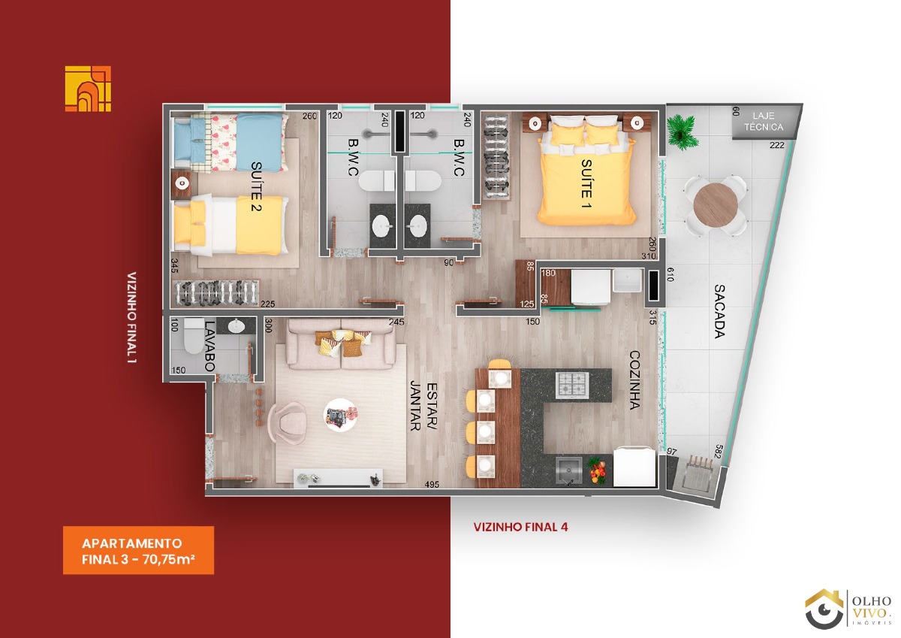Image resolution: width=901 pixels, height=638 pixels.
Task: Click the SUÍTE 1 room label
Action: [x=586, y=184]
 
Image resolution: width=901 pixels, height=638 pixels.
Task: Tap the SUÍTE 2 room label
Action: [x=256, y=186]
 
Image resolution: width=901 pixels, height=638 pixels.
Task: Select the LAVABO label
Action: [x=209, y=346]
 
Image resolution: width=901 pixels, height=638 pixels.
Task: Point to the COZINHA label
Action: [x=634, y=380]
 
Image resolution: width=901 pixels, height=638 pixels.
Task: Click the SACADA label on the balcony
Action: [x=719, y=311]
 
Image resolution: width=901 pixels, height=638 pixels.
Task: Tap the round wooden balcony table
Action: [x=716, y=205]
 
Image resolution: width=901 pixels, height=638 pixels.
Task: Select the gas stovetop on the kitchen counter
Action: [x=572, y=386]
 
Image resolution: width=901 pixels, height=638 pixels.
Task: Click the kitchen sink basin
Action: [x=568, y=470]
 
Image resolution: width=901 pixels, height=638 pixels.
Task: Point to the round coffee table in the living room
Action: [x=340, y=415]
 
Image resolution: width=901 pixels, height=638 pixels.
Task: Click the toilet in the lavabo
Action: [x=194, y=337]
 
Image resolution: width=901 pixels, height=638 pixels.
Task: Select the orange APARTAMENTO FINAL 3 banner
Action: [x=138, y=550]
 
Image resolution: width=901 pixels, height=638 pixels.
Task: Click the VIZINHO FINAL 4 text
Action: [x=520, y=527]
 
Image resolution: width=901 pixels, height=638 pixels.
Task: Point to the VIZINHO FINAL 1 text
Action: [x=131, y=318]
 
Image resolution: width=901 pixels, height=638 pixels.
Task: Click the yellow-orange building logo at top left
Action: [x=88, y=89]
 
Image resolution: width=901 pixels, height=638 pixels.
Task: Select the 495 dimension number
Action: [x=432, y=485]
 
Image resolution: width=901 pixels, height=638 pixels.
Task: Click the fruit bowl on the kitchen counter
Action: [x=597, y=470]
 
